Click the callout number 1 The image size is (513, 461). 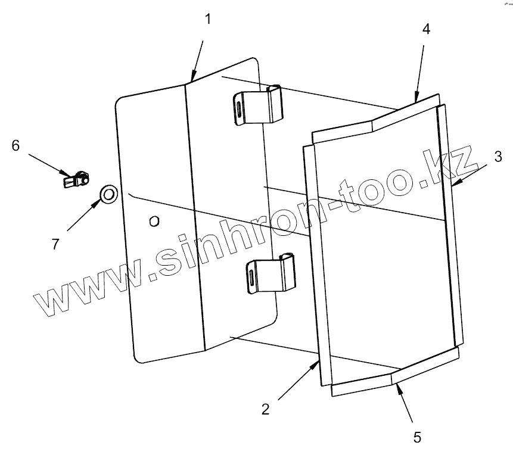[x=207, y=19]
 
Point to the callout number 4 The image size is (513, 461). [x=426, y=29]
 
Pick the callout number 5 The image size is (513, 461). [x=417, y=437]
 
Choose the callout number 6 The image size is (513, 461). [x=16, y=145]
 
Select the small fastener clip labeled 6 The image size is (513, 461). [x=76, y=177]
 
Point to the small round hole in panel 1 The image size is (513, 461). [x=154, y=222]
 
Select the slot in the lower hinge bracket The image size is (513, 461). [x=253, y=277]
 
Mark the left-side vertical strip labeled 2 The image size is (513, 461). [x=314, y=262]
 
